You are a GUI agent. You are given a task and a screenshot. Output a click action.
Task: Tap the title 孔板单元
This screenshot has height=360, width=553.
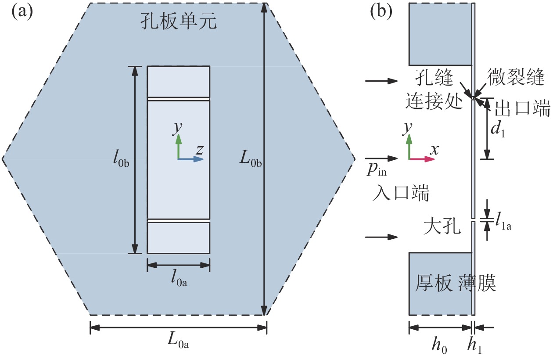[179, 21]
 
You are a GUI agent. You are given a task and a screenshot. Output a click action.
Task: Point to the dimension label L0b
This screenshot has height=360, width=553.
[251, 159]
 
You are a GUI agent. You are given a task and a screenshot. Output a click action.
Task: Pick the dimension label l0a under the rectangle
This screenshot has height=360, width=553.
[179, 278]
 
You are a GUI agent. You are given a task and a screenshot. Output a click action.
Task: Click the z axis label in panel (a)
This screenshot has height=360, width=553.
[199, 150]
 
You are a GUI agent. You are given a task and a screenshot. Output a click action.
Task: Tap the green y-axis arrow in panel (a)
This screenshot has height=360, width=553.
[179, 146]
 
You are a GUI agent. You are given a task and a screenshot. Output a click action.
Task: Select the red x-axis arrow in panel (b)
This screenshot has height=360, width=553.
[422, 159]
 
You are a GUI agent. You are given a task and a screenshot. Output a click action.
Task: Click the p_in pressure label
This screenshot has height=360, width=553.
[377, 170]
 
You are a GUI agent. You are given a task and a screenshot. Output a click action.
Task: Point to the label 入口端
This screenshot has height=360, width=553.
[401, 193]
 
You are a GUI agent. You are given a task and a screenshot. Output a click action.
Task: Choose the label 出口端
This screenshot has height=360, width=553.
[523, 108]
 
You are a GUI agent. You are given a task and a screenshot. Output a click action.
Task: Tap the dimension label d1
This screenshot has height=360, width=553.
[497, 130]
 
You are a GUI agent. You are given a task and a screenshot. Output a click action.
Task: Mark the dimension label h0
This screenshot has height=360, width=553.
[439, 346]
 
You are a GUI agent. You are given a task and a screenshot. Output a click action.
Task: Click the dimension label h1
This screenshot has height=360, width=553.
[474, 346]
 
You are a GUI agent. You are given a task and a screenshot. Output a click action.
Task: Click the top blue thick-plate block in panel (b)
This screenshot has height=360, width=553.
[441, 34]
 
